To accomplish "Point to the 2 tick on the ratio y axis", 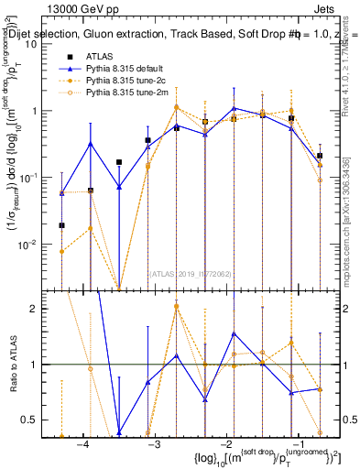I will [42, 309].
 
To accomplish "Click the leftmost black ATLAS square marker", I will [61, 225].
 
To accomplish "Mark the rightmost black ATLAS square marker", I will [320, 156].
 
